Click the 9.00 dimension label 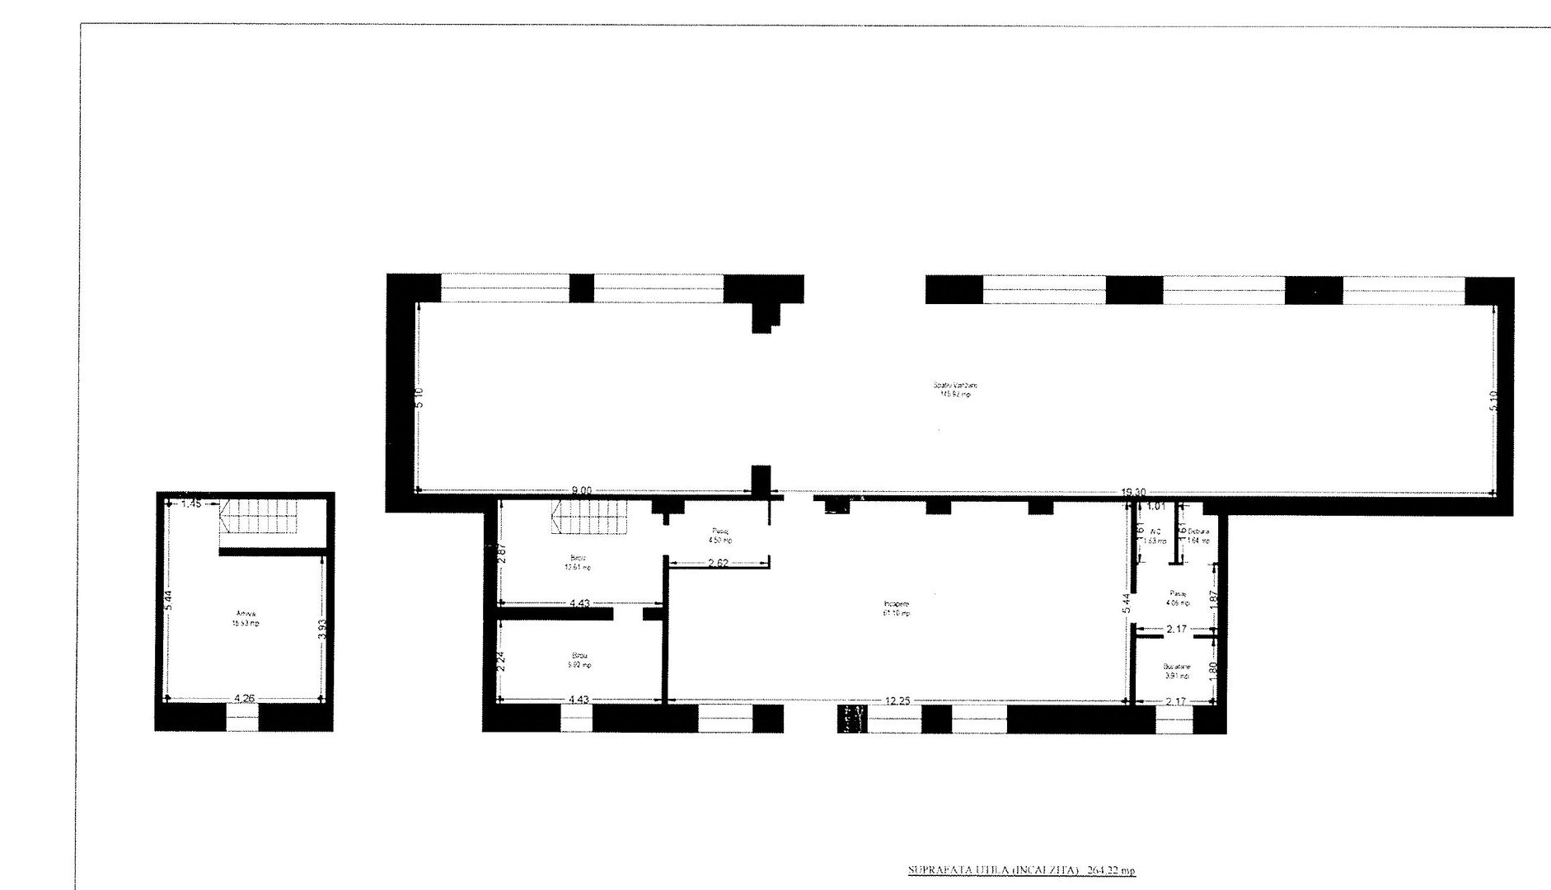(x=583, y=490)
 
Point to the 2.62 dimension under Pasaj (x=717, y=564)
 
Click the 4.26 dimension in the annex (x=243, y=699)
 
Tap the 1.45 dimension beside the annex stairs (x=191, y=504)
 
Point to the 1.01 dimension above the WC (x=1155, y=506)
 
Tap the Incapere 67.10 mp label (x=897, y=608)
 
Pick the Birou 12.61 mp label (x=580, y=563)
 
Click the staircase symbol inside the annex (x=255, y=516)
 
